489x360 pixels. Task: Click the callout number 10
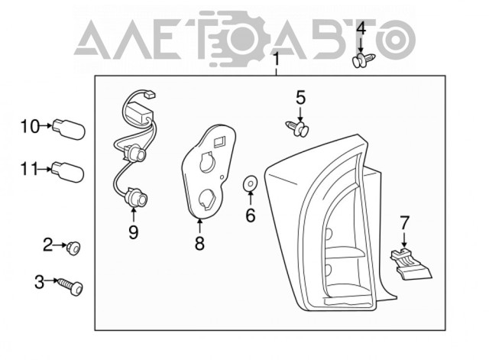(31, 126)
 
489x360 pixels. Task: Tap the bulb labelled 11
(68, 171)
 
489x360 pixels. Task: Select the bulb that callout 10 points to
(69, 129)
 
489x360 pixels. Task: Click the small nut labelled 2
(73, 248)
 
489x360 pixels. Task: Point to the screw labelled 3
(71, 287)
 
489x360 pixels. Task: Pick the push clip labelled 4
(363, 60)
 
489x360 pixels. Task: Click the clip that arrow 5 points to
(297, 128)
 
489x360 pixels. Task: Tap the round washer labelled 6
(250, 184)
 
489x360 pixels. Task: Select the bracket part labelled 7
(410, 264)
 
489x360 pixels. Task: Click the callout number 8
(199, 243)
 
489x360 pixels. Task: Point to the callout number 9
(134, 232)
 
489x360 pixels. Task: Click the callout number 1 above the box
(276, 60)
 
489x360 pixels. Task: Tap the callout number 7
(404, 222)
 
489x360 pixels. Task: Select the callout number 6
(251, 216)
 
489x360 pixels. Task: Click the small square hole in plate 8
(219, 141)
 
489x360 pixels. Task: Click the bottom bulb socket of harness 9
(137, 199)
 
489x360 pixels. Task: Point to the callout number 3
(39, 282)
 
